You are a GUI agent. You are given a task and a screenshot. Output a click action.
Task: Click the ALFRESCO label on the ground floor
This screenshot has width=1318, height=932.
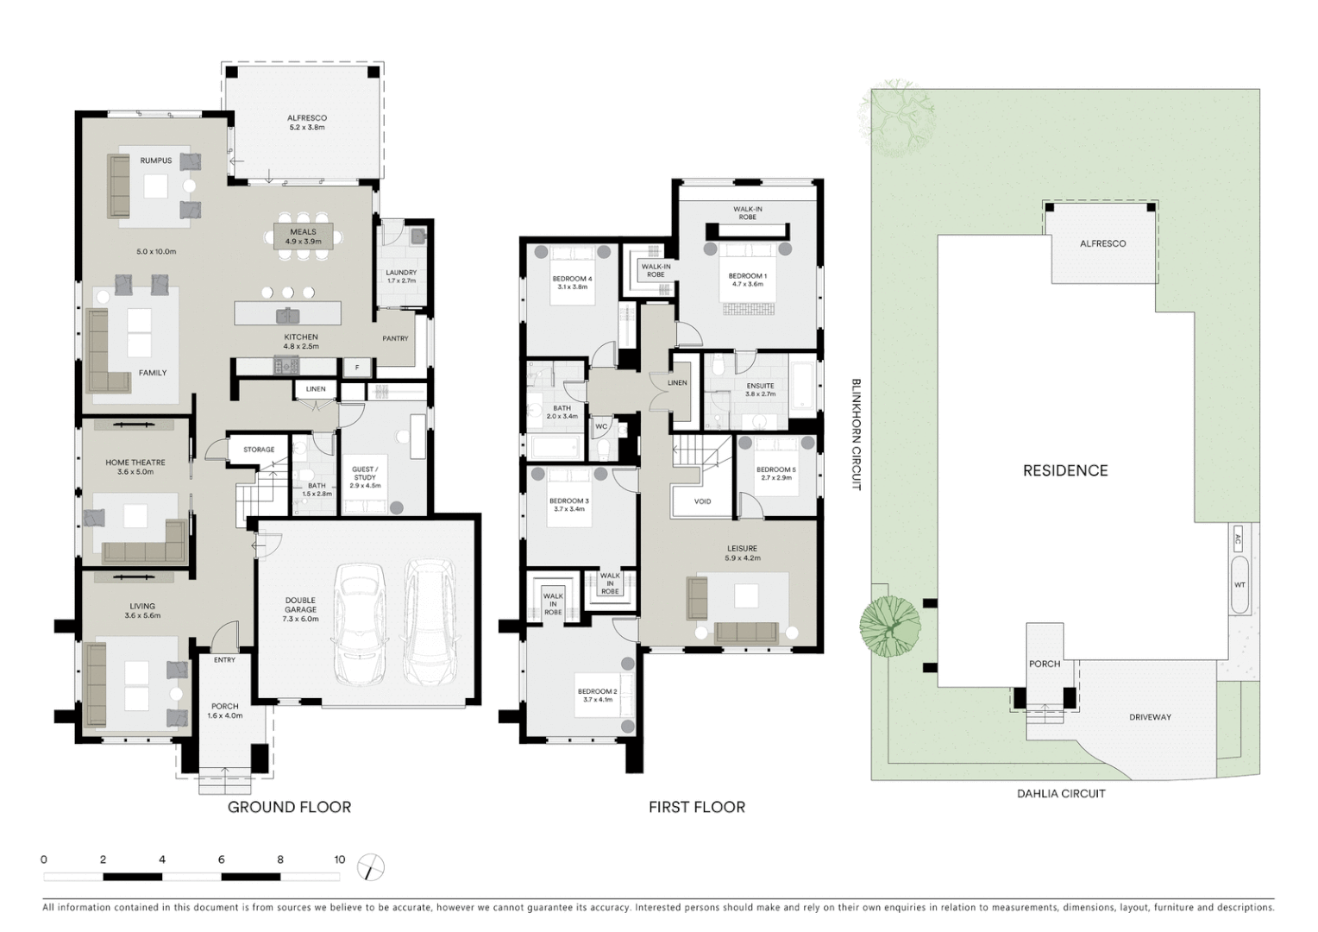(306, 118)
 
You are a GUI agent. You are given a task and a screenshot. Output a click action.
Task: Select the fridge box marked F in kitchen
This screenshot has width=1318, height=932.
(356, 368)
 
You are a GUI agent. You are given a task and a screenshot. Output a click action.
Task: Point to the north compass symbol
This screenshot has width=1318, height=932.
(371, 866)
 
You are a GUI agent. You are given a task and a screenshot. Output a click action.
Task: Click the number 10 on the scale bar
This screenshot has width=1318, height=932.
(340, 860)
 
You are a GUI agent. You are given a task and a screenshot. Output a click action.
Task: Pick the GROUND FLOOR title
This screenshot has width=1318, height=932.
(289, 808)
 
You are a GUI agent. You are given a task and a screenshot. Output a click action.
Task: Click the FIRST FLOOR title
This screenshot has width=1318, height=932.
(697, 808)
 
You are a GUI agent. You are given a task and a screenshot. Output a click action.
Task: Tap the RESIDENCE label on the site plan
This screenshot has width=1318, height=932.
(1065, 470)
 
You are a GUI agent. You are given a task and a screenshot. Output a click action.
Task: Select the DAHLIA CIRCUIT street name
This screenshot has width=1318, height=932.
(1061, 794)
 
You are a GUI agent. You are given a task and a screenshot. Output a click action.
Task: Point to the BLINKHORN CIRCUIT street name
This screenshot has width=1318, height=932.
(857, 434)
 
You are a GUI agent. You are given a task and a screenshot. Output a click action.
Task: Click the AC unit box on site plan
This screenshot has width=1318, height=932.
(1239, 541)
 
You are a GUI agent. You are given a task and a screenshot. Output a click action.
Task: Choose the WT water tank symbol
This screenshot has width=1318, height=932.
(1240, 585)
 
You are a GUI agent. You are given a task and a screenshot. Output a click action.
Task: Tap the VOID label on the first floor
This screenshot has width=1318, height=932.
(702, 501)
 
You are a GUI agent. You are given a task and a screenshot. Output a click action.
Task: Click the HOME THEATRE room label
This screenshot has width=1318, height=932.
(135, 463)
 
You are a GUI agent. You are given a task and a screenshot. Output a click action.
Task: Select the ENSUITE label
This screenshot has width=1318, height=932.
(760, 386)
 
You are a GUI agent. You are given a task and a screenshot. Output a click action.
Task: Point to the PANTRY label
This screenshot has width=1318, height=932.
(395, 338)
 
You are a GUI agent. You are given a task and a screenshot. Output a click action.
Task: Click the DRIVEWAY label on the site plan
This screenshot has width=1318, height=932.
(1150, 717)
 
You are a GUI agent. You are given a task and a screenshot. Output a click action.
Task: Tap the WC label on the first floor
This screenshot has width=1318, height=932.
(601, 426)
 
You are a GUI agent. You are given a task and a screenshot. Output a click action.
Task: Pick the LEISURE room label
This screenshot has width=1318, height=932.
(742, 548)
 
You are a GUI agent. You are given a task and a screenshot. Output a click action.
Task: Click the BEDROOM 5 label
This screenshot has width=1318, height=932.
(775, 469)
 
